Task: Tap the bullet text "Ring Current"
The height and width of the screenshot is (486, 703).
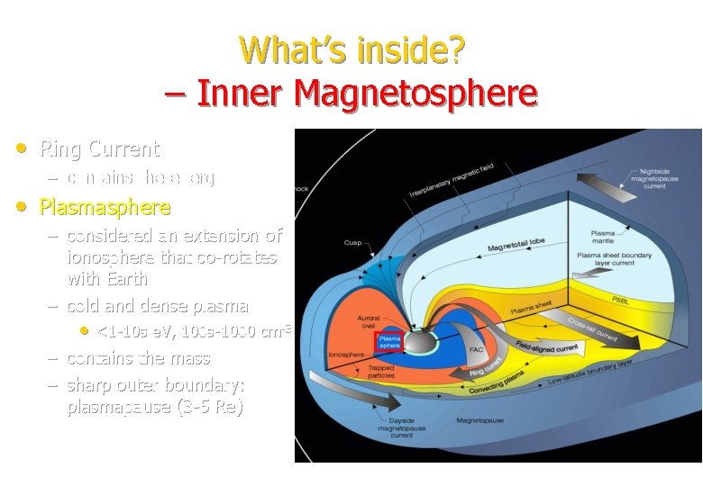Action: pyautogui.click(x=99, y=148)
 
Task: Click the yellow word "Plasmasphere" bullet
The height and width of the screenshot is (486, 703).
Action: pyautogui.click(x=105, y=208)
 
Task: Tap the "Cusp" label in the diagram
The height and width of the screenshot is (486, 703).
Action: pyautogui.click(x=352, y=242)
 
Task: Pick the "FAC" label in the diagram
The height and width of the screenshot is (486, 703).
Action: pyautogui.click(x=476, y=350)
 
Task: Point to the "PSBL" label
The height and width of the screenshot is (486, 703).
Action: pyautogui.click(x=621, y=299)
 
